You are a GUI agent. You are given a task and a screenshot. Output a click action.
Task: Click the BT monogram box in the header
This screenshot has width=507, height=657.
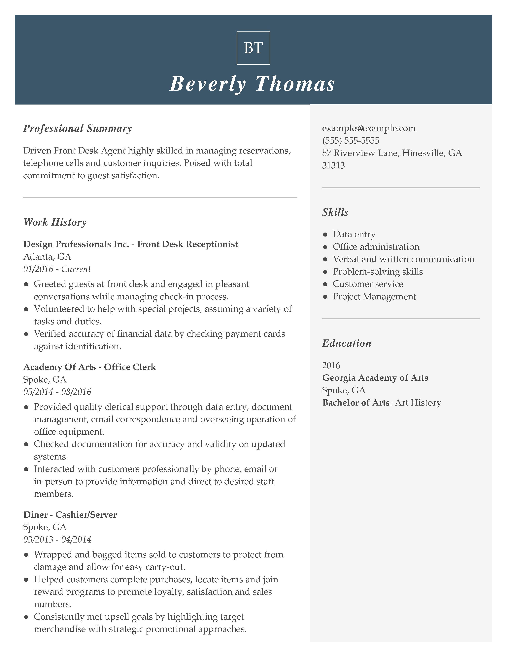253,48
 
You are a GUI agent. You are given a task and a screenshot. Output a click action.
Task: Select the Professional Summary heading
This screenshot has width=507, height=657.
78,128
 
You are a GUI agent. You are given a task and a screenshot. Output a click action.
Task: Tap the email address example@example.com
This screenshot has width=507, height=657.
369,128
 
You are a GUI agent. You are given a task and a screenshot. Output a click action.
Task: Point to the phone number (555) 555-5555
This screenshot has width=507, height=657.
351,141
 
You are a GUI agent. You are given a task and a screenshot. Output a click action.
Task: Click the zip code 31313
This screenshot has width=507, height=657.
333,165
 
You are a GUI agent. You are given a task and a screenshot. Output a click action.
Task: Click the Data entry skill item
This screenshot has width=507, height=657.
354,234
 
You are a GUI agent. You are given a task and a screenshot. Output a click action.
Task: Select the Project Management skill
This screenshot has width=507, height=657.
374,297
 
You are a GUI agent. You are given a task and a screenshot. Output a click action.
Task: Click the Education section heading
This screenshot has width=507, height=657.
347,343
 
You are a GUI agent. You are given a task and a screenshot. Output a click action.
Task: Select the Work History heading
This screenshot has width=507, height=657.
55,222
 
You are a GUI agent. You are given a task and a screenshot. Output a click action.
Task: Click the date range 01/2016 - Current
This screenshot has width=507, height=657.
57,269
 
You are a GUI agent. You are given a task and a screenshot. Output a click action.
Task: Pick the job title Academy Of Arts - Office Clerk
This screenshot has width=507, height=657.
89,367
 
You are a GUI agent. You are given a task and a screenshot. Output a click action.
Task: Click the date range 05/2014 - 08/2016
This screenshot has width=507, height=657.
57,392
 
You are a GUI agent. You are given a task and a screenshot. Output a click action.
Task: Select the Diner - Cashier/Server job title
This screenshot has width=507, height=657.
70,515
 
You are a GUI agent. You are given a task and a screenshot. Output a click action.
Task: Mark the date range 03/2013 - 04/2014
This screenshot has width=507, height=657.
57,539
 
